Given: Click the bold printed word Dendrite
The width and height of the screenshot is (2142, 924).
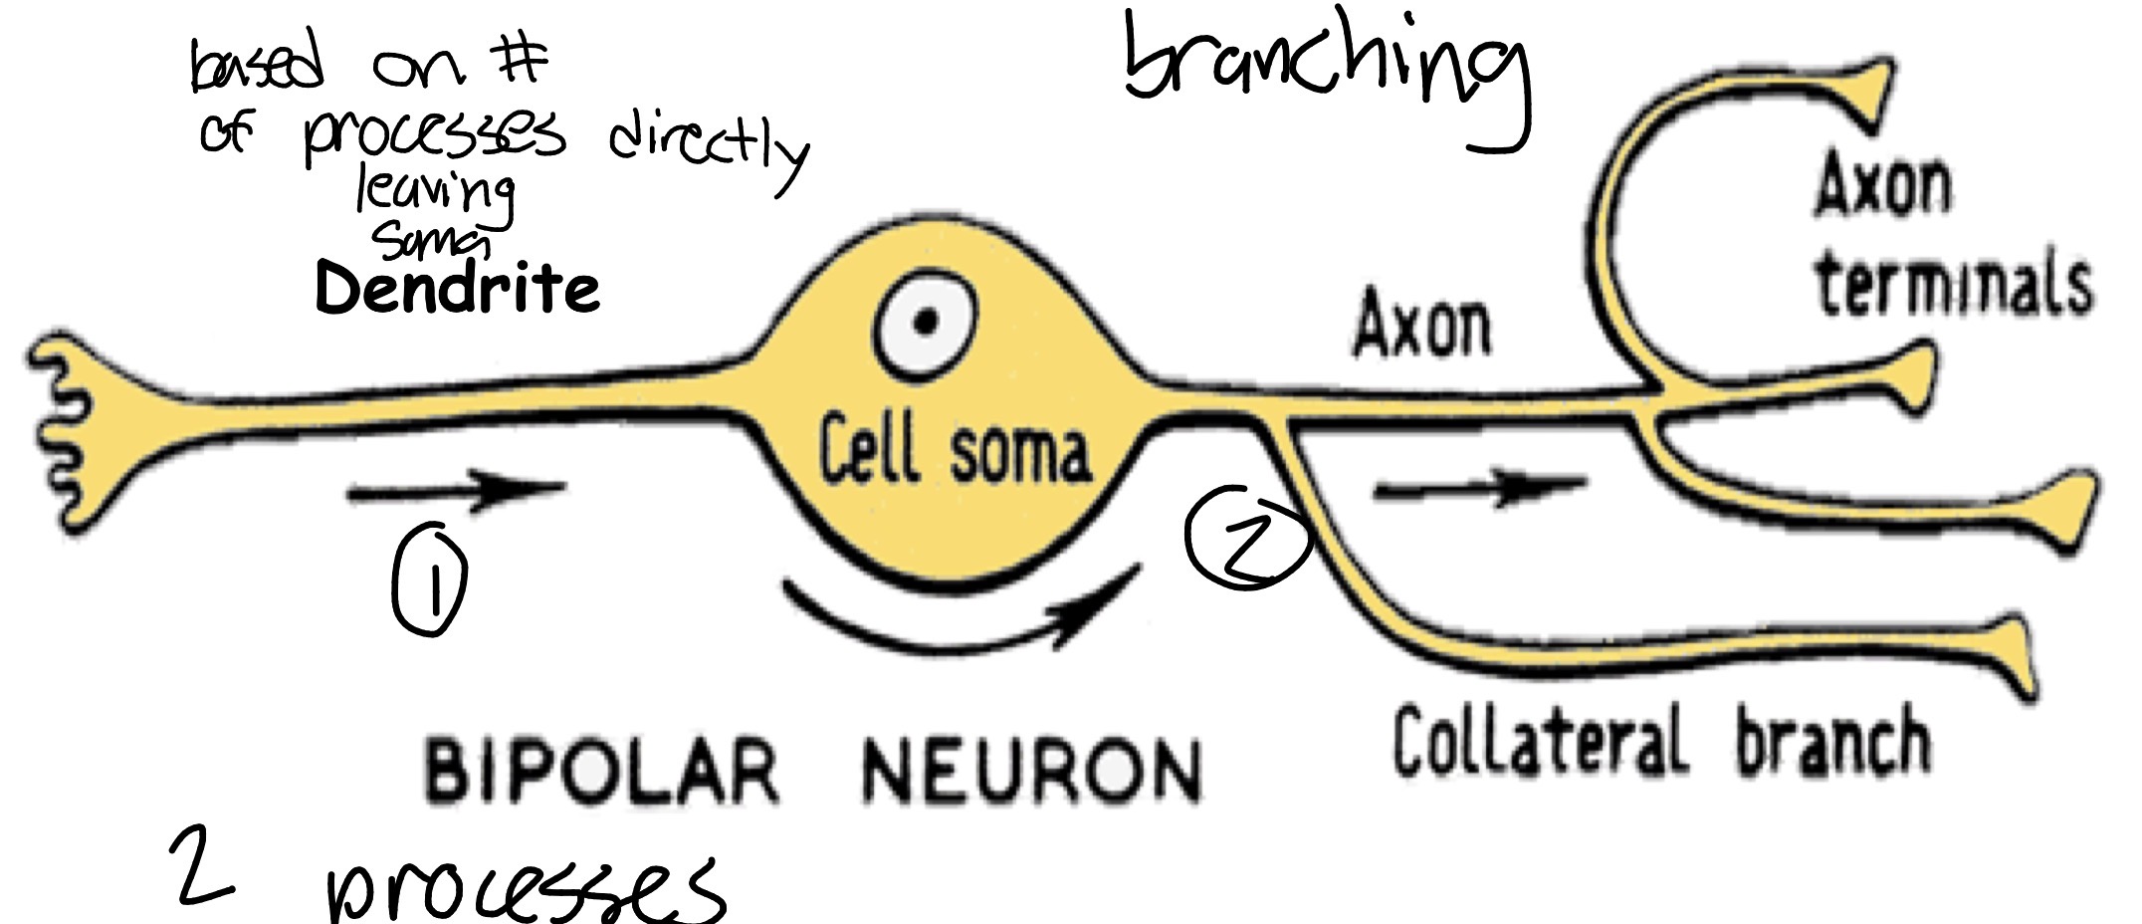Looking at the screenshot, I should (x=458, y=289).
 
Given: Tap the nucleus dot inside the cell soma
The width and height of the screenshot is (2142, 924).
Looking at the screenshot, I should (x=927, y=322).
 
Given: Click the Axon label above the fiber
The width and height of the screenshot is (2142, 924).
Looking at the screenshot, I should (x=1422, y=325).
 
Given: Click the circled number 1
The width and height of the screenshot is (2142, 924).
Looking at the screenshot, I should (x=429, y=581).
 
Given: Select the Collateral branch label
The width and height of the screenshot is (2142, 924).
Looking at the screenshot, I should (x=1660, y=742).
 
